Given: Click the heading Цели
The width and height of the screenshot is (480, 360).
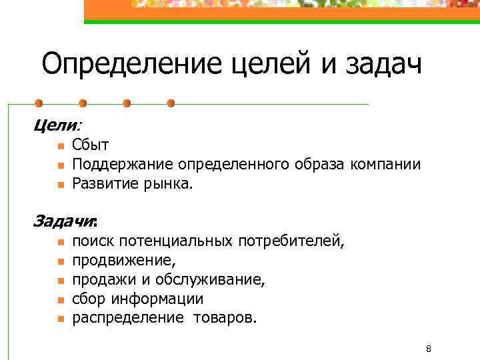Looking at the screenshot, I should click(56, 125).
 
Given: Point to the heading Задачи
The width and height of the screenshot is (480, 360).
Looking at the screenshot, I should click(64, 221).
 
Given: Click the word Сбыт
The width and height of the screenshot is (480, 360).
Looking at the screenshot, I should click(91, 145).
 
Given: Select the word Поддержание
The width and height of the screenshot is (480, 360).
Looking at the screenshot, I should click(123, 164).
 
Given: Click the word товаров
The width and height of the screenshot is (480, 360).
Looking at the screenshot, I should click(224, 317).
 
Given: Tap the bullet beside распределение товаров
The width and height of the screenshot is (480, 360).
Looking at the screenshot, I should click(59, 319).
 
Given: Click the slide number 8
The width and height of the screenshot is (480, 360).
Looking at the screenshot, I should click(428, 349).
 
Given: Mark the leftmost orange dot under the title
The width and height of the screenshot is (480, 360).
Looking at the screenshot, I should click(39, 103).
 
